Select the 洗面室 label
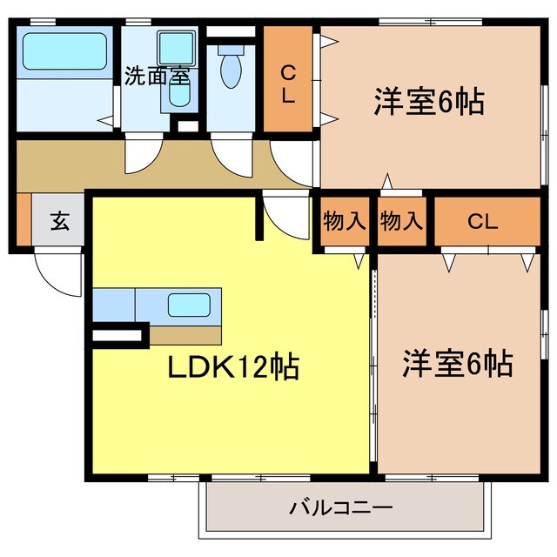[156, 76]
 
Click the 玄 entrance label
[58, 221]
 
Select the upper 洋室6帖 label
[429, 102]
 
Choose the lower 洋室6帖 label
[456, 363]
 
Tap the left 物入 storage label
[343, 221]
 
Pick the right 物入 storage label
[400, 221]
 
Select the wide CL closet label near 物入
[484, 221]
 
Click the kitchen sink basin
[186, 305]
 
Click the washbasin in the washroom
[178, 96]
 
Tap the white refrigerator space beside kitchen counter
[117, 334]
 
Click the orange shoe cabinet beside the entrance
[23, 221]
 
